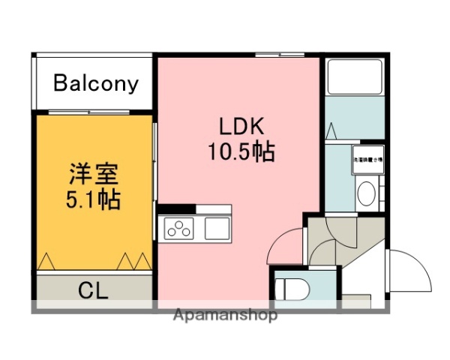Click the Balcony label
[x=96, y=83]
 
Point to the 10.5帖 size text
[x=240, y=152]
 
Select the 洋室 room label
[x=92, y=175]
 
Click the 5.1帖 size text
[x=92, y=200]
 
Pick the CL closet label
[x=93, y=290]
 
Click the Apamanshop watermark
[x=225, y=315]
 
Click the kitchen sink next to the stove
[x=218, y=228]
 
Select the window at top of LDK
[x=279, y=55]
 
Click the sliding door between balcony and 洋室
[x=93, y=112]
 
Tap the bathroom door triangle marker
[x=331, y=130]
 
